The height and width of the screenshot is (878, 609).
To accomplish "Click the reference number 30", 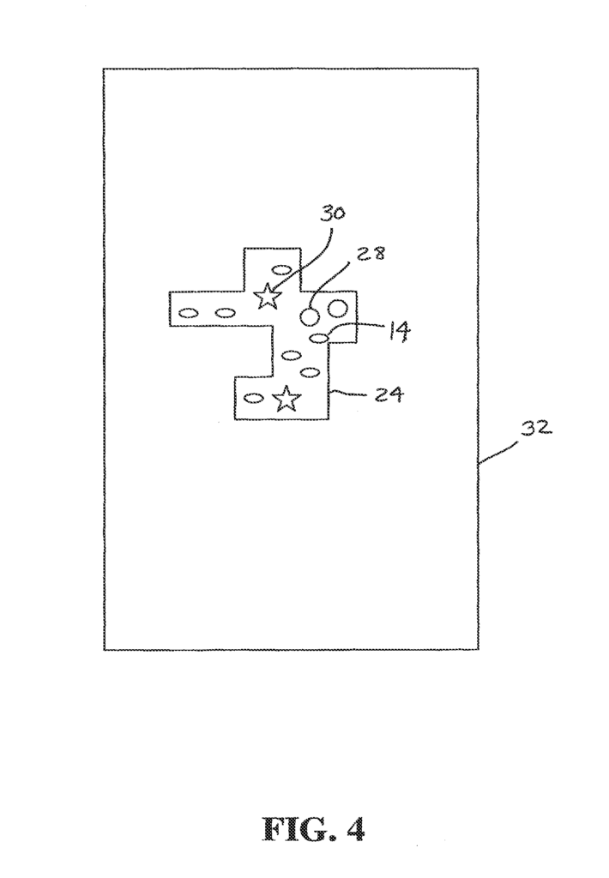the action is (332, 213).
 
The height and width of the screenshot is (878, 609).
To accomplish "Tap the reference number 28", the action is (371, 253).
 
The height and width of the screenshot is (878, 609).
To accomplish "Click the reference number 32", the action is (537, 429).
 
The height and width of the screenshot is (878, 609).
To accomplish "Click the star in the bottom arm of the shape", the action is (286, 398).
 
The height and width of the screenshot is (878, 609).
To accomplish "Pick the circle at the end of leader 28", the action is (310, 317).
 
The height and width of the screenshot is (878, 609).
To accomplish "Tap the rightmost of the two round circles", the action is (339, 308).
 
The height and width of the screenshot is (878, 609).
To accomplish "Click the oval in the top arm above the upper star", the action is (280, 269).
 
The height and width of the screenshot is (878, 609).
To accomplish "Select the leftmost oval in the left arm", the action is (188, 312).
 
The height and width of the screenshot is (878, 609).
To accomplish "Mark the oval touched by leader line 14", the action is (319, 338).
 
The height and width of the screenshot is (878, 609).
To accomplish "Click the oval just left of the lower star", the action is (255, 398).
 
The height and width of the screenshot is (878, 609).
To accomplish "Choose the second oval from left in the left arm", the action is (225, 312).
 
